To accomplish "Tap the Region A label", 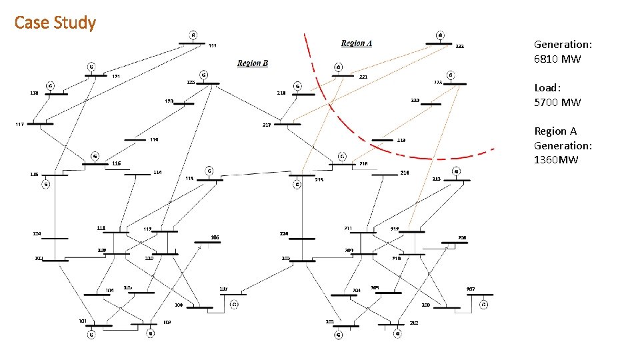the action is point(357,43).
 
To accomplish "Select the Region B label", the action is point(253,63).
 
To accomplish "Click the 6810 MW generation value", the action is point(557,59).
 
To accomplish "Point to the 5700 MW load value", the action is point(557,102).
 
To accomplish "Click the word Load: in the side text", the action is point(547,87).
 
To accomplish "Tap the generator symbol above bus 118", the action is point(51,85).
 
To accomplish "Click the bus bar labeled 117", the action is point(40,123).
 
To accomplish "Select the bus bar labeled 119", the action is point(135,140).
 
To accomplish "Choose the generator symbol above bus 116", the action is point(95,155).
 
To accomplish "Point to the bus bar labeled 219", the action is point(382,140).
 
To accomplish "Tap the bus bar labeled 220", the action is point(431,104).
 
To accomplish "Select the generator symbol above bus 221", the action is point(338,67).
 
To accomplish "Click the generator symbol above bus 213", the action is point(456,171).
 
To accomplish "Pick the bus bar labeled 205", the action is point(388,293).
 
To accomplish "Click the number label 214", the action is point(404,172).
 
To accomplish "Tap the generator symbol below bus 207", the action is point(484,305).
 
